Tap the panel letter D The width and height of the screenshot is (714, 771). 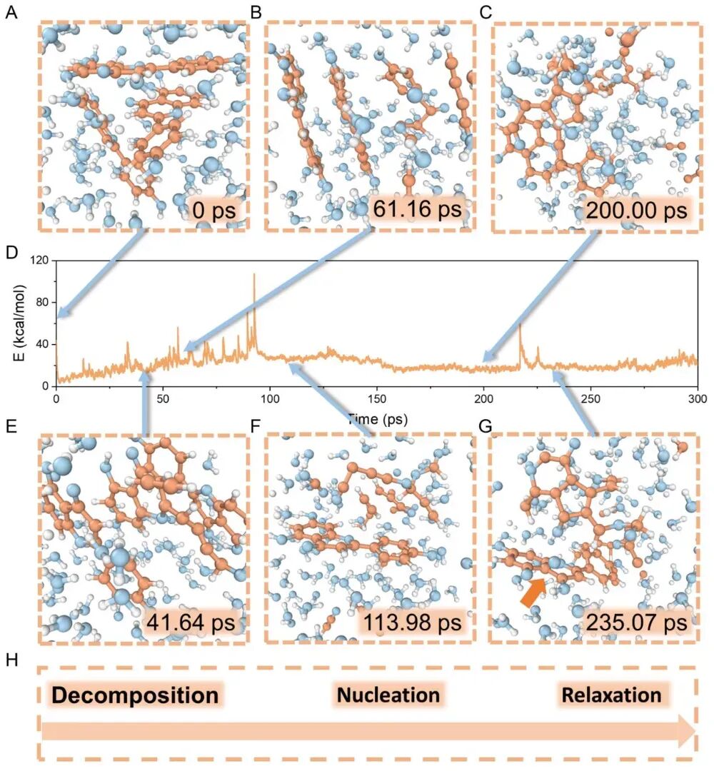click(x=11, y=253)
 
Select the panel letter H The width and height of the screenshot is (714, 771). click(x=11, y=660)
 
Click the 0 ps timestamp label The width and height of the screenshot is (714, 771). click(x=214, y=211)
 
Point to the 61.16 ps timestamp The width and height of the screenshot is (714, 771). click(x=418, y=208)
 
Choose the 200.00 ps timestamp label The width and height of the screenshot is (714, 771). click(x=636, y=211)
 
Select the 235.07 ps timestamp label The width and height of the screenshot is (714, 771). click(x=636, y=623)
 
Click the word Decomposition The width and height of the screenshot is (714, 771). click(x=135, y=695)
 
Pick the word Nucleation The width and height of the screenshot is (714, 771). click(x=388, y=695)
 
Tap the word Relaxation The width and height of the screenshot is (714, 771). click(x=611, y=695)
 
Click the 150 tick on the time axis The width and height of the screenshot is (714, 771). click(x=377, y=398)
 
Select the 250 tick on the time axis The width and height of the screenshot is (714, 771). click(x=590, y=398)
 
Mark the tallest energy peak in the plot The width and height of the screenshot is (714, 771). click(x=254, y=274)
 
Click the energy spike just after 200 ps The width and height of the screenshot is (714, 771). click(x=520, y=325)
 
